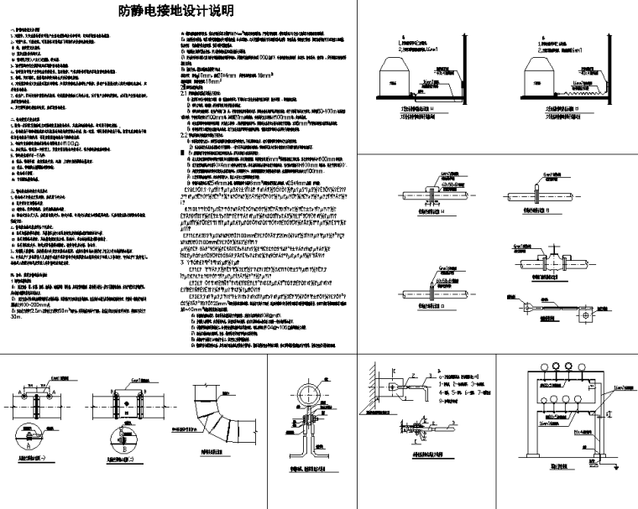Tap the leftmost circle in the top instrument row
[533, 378]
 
